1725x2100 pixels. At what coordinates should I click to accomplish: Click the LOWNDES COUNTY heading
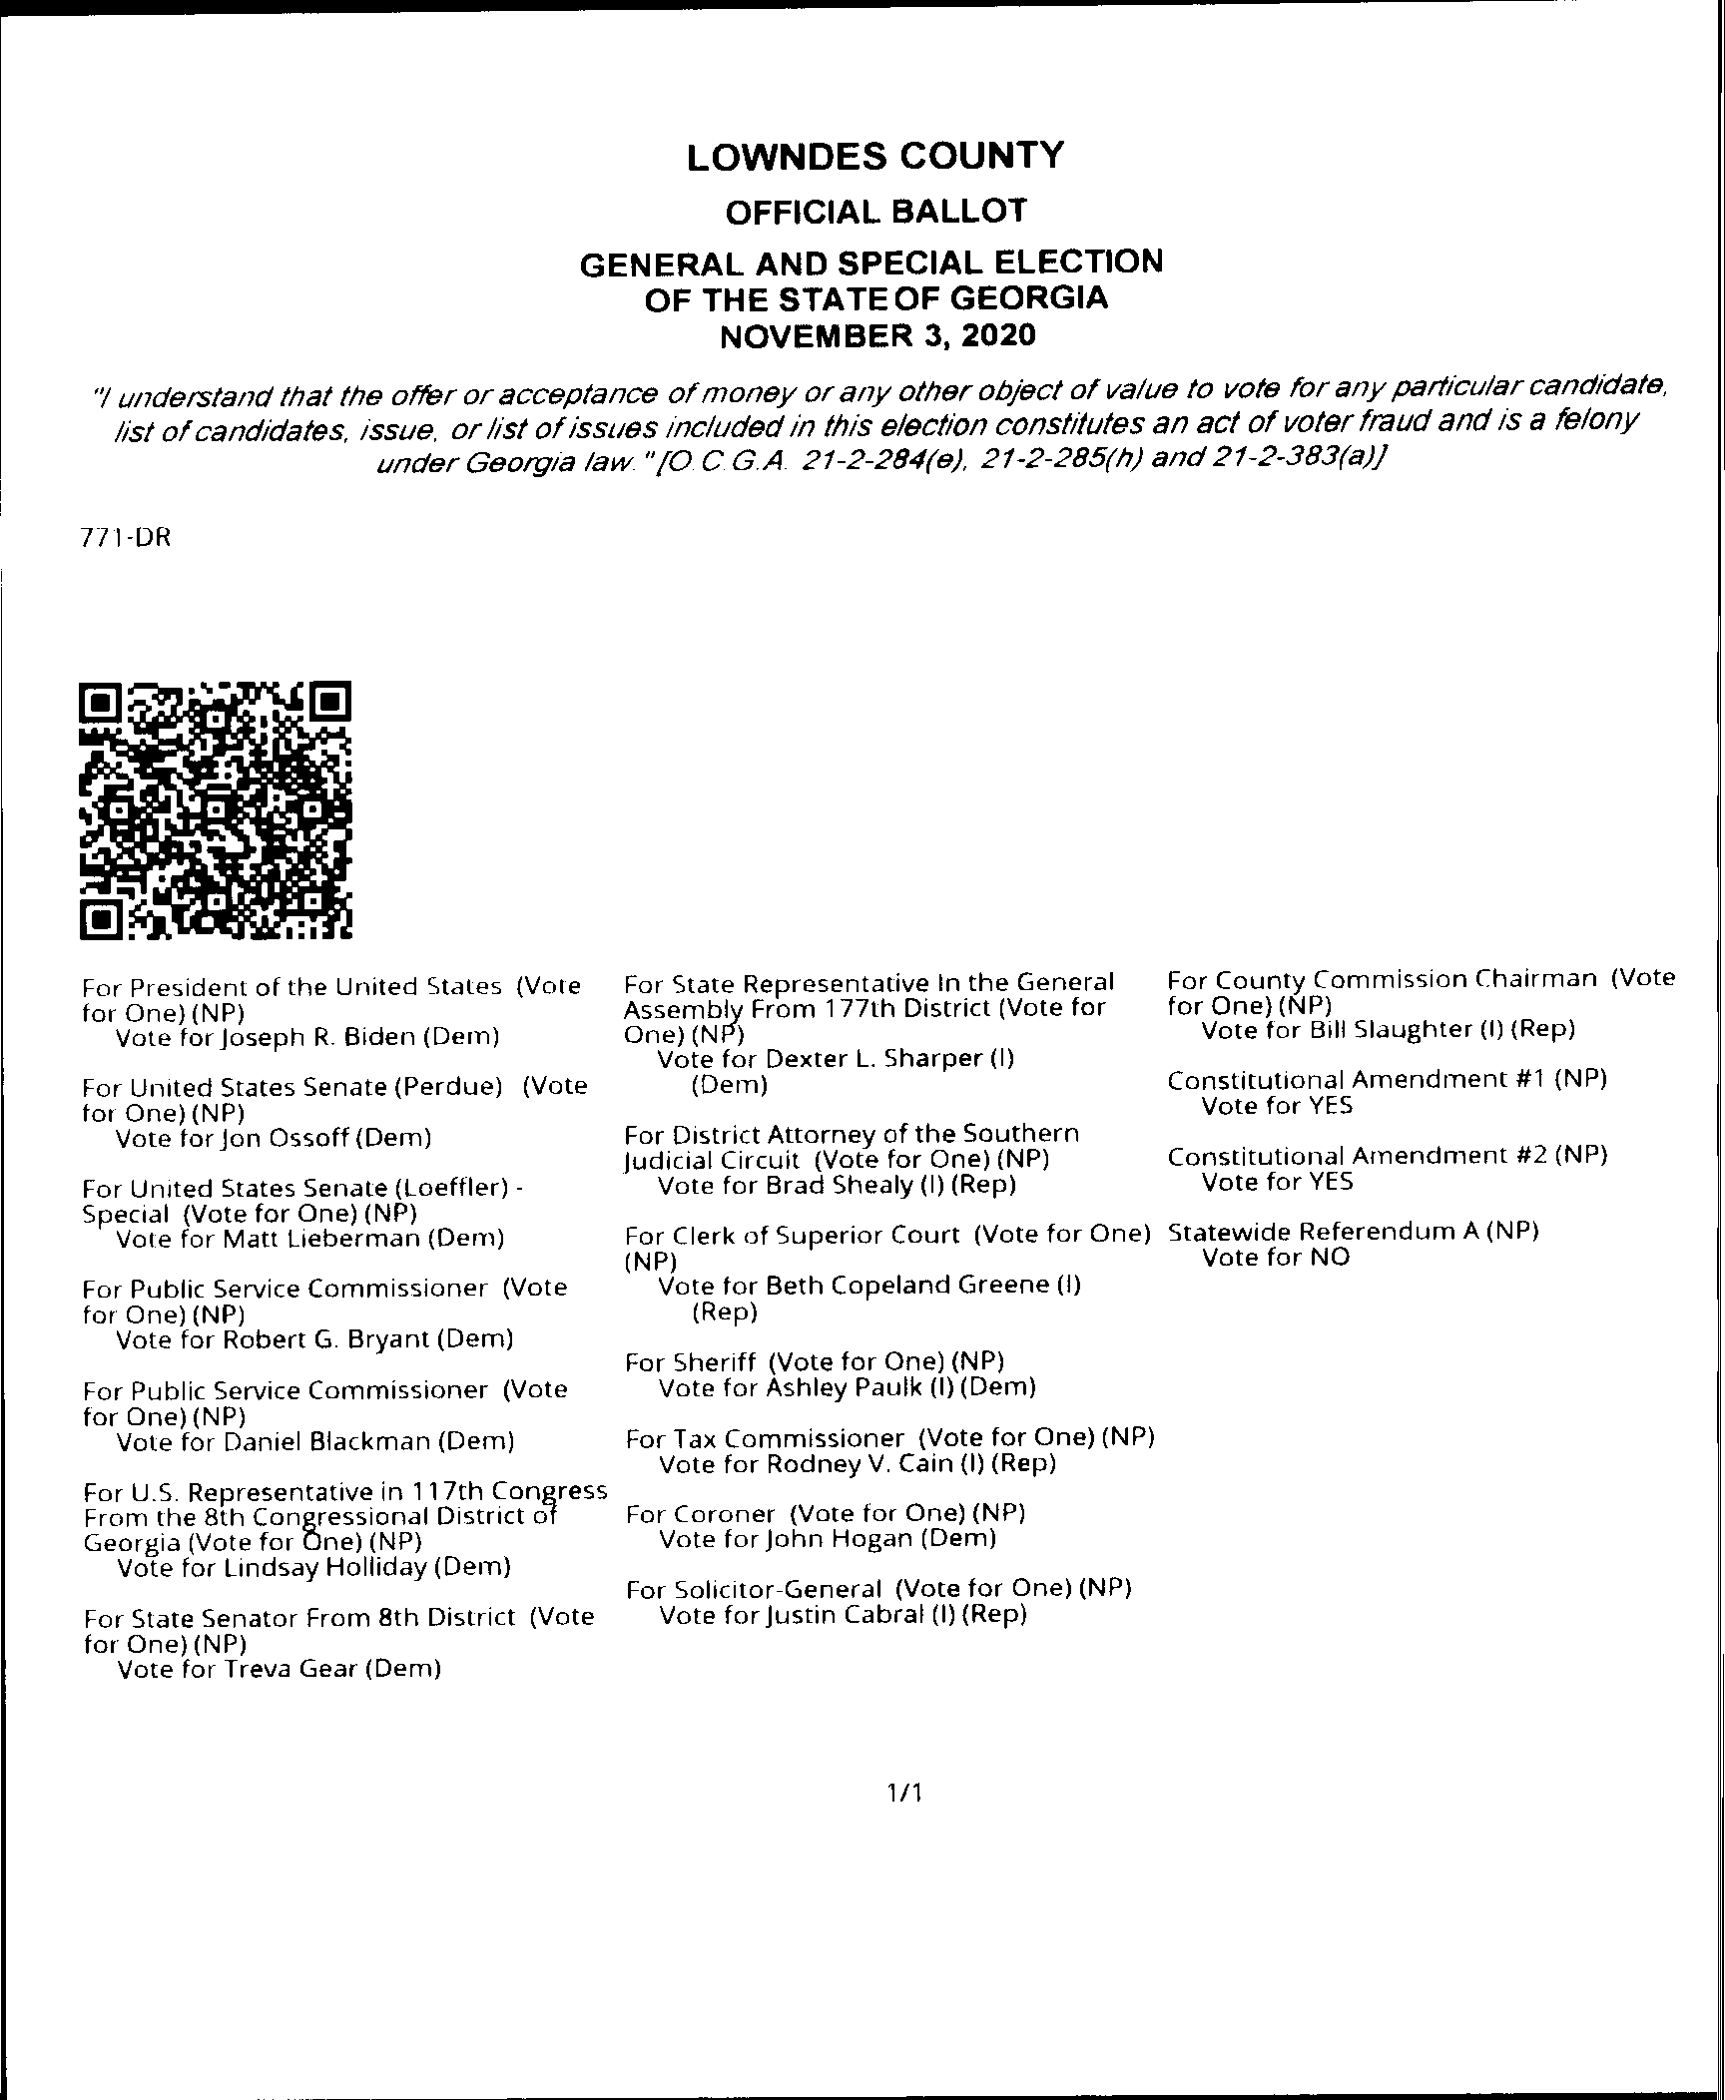[x=875, y=157]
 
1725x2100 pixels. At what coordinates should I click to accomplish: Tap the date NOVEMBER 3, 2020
[x=877, y=335]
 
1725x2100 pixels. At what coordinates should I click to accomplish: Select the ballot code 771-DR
[x=126, y=538]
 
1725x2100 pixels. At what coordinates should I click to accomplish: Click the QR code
[x=216, y=810]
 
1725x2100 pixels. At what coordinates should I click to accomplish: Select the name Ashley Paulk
[x=844, y=1387]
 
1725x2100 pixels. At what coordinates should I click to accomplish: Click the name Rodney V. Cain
[x=860, y=1464]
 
